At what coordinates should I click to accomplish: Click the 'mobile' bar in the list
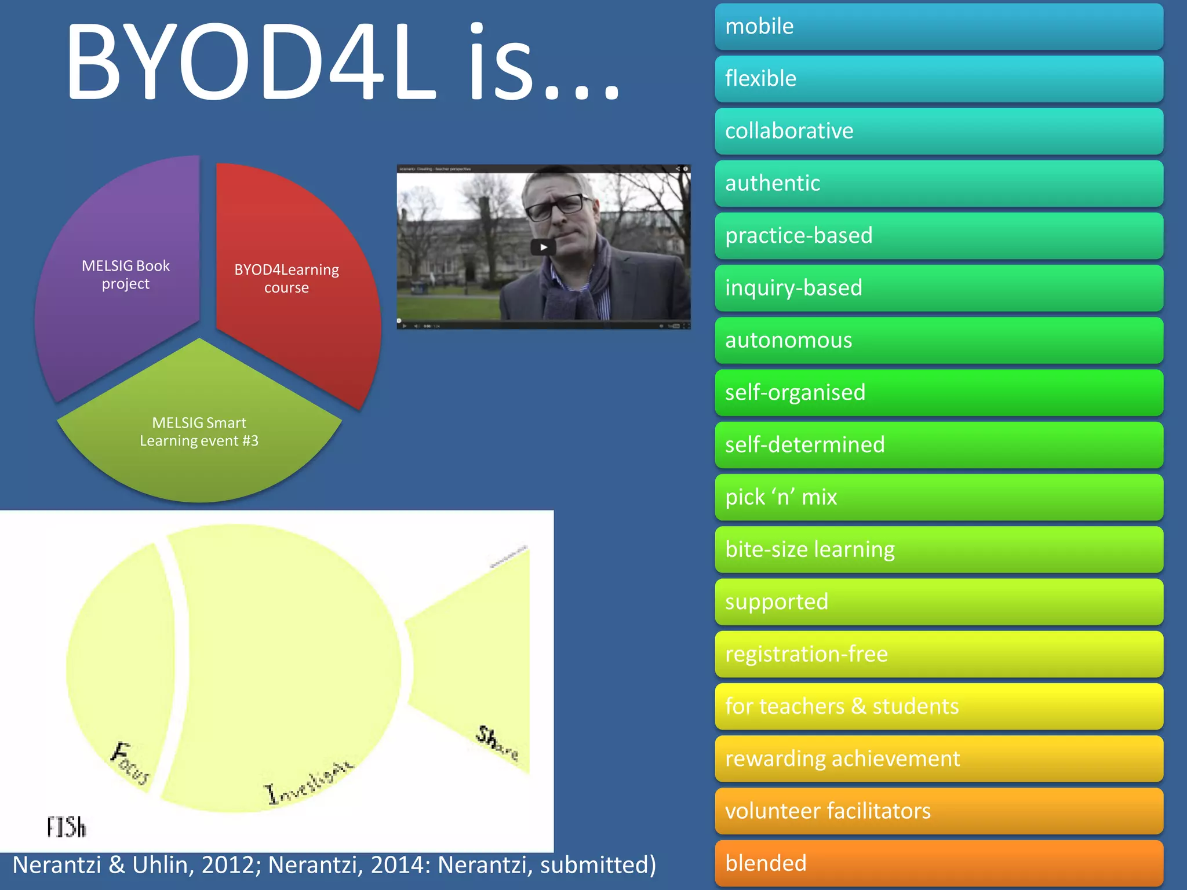click(x=938, y=27)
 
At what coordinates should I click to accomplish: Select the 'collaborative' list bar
click(x=938, y=132)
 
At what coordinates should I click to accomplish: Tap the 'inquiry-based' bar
click(x=938, y=288)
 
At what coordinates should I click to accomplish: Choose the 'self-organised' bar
click(x=938, y=393)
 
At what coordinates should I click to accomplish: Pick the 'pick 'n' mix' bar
click(x=938, y=497)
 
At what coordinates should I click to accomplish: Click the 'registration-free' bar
click(x=938, y=654)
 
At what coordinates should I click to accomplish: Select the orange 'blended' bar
click(x=938, y=863)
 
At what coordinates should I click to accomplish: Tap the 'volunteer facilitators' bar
click(x=938, y=811)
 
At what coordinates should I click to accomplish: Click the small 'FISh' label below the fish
click(x=67, y=827)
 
